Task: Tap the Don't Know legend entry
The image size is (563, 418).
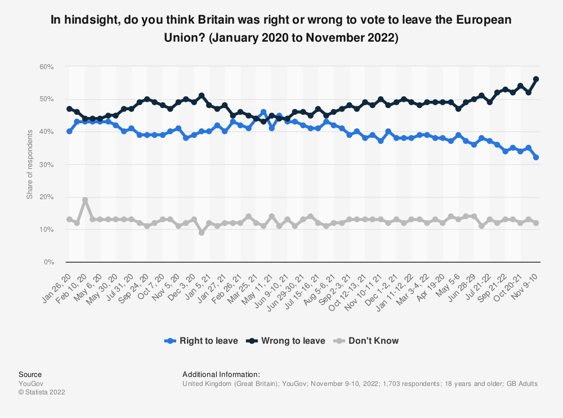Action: tap(369, 340)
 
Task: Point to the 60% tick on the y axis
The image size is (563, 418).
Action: tap(46, 66)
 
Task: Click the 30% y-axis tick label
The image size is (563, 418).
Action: tap(46, 164)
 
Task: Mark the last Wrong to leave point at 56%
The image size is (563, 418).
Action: tap(536, 79)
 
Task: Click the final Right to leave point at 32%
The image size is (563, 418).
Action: tap(536, 158)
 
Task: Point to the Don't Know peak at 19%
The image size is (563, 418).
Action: tap(84, 200)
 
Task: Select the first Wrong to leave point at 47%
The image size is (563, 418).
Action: tap(69, 109)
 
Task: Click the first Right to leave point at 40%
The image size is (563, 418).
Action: tap(69, 132)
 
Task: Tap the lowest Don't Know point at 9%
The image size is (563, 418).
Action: tap(202, 232)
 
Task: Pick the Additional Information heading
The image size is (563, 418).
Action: tap(221, 374)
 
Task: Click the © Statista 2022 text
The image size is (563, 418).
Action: tap(42, 392)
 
